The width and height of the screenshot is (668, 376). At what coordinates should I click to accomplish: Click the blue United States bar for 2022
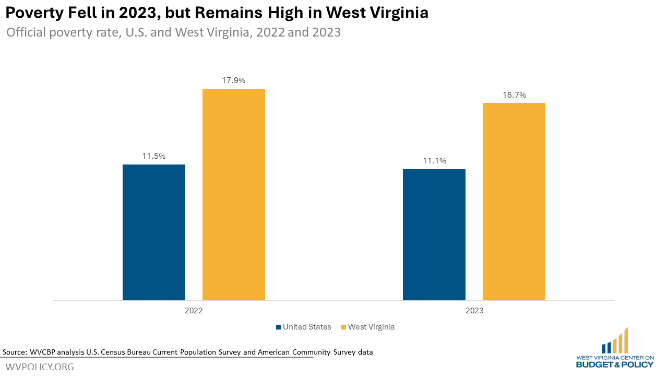point(154,232)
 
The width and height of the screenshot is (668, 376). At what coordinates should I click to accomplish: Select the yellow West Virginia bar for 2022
point(234,194)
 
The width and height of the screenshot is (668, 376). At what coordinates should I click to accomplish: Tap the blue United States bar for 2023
point(434,234)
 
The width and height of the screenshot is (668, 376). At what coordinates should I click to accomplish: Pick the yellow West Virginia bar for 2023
point(514,201)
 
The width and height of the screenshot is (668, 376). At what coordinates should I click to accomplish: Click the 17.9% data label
point(233,80)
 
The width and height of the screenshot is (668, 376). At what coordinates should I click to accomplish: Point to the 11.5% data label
point(153,156)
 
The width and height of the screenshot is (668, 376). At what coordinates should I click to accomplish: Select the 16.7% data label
point(514,95)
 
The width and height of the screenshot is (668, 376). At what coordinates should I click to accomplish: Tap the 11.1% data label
point(434,161)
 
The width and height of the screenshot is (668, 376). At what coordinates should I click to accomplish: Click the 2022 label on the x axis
point(194,310)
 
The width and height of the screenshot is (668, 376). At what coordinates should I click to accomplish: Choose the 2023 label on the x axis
point(474,310)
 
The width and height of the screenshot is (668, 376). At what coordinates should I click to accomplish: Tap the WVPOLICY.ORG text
point(40,367)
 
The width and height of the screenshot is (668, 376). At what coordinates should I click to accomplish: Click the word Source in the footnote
point(15,352)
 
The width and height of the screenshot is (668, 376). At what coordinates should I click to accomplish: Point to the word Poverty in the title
point(35,13)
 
